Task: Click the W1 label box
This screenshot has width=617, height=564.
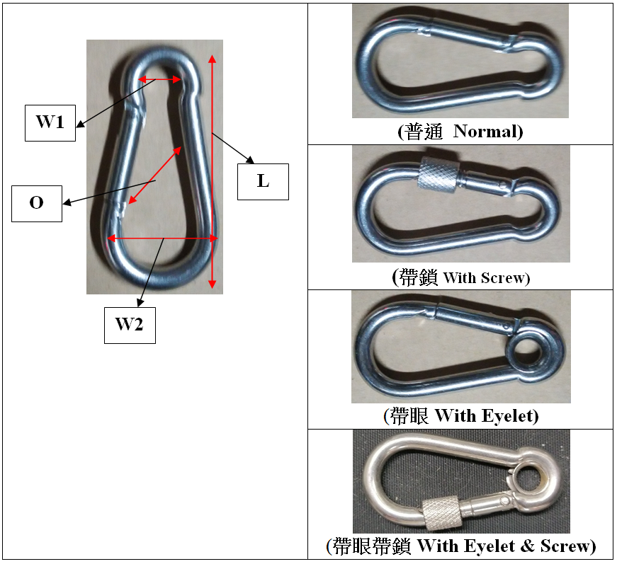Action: [x=50, y=122]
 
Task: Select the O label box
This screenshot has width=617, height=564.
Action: [x=37, y=203]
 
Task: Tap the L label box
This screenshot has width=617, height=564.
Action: [x=263, y=181]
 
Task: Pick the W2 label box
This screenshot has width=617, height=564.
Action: [x=130, y=326]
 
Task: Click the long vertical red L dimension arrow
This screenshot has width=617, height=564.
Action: [x=211, y=170]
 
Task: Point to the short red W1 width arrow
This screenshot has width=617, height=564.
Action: [x=159, y=80]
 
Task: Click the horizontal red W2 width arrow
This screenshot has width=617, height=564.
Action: [x=162, y=238]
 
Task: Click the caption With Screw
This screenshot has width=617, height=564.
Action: [x=485, y=277]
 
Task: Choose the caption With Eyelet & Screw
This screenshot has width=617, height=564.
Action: [x=506, y=546]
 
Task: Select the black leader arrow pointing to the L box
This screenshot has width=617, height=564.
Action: [x=230, y=148]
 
